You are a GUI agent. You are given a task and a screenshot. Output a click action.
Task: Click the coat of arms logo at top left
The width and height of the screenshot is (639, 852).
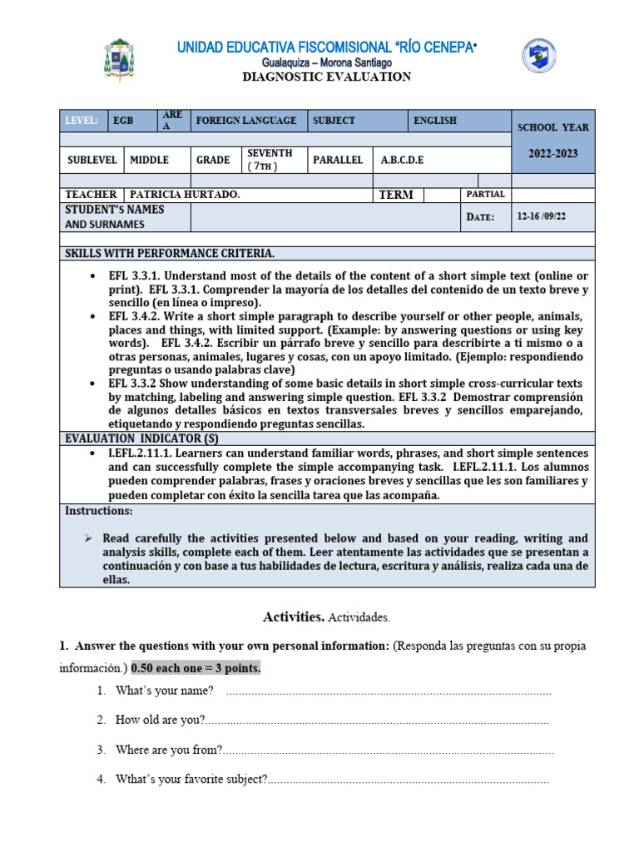click(x=119, y=60)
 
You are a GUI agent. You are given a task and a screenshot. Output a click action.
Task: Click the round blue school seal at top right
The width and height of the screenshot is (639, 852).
click(x=539, y=56)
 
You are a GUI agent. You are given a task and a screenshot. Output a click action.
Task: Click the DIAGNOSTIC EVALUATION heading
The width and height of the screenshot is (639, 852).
click(x=326, y=77)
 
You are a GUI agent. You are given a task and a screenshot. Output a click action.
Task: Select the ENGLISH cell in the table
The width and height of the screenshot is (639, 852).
click(x=435, y=121)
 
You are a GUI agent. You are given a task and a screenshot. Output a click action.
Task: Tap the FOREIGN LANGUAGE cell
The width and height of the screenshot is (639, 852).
click(x=245, y=121)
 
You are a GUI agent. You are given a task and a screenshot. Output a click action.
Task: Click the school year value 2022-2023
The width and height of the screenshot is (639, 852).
click(x=552, y=154)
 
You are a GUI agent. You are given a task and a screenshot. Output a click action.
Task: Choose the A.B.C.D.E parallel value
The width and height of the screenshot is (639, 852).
click(x=403, y=160)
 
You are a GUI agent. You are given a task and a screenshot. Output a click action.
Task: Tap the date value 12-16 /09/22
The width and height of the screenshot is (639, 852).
click(x=552, y=216)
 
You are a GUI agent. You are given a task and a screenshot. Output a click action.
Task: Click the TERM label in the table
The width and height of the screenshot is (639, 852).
click(x=395, y=195)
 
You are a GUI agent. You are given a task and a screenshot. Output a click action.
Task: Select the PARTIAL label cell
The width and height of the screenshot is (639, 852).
click(x=486, y=194)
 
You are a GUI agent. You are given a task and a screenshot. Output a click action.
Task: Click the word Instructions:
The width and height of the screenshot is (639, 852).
click(x=99, y=511)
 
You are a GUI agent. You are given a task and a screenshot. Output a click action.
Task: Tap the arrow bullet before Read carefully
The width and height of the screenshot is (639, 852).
click(x=89, y=538)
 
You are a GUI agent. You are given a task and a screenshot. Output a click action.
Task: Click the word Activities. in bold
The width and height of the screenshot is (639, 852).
click(x=294, y=617)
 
